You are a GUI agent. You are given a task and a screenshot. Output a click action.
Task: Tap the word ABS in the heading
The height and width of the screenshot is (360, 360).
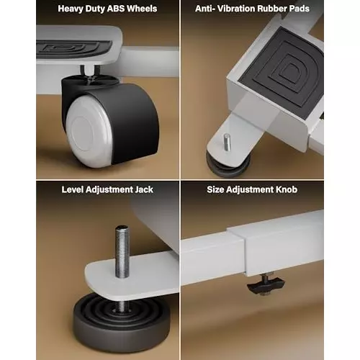click(x=116, y=9)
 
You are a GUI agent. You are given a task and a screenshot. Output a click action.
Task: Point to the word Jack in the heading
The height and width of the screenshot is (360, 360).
click(x=144, y=189)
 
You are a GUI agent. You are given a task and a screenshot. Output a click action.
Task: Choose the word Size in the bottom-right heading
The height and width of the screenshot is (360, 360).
click(x=215, y=189)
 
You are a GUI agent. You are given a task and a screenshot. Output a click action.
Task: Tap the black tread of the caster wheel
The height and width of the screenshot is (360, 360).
click(x=135, y=122)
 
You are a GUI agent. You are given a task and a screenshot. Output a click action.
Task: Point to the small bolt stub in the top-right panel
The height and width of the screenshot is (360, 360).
click(x=227, y=142)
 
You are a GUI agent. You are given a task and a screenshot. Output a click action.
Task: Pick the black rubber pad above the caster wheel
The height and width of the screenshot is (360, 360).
click(x=74, y=50)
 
